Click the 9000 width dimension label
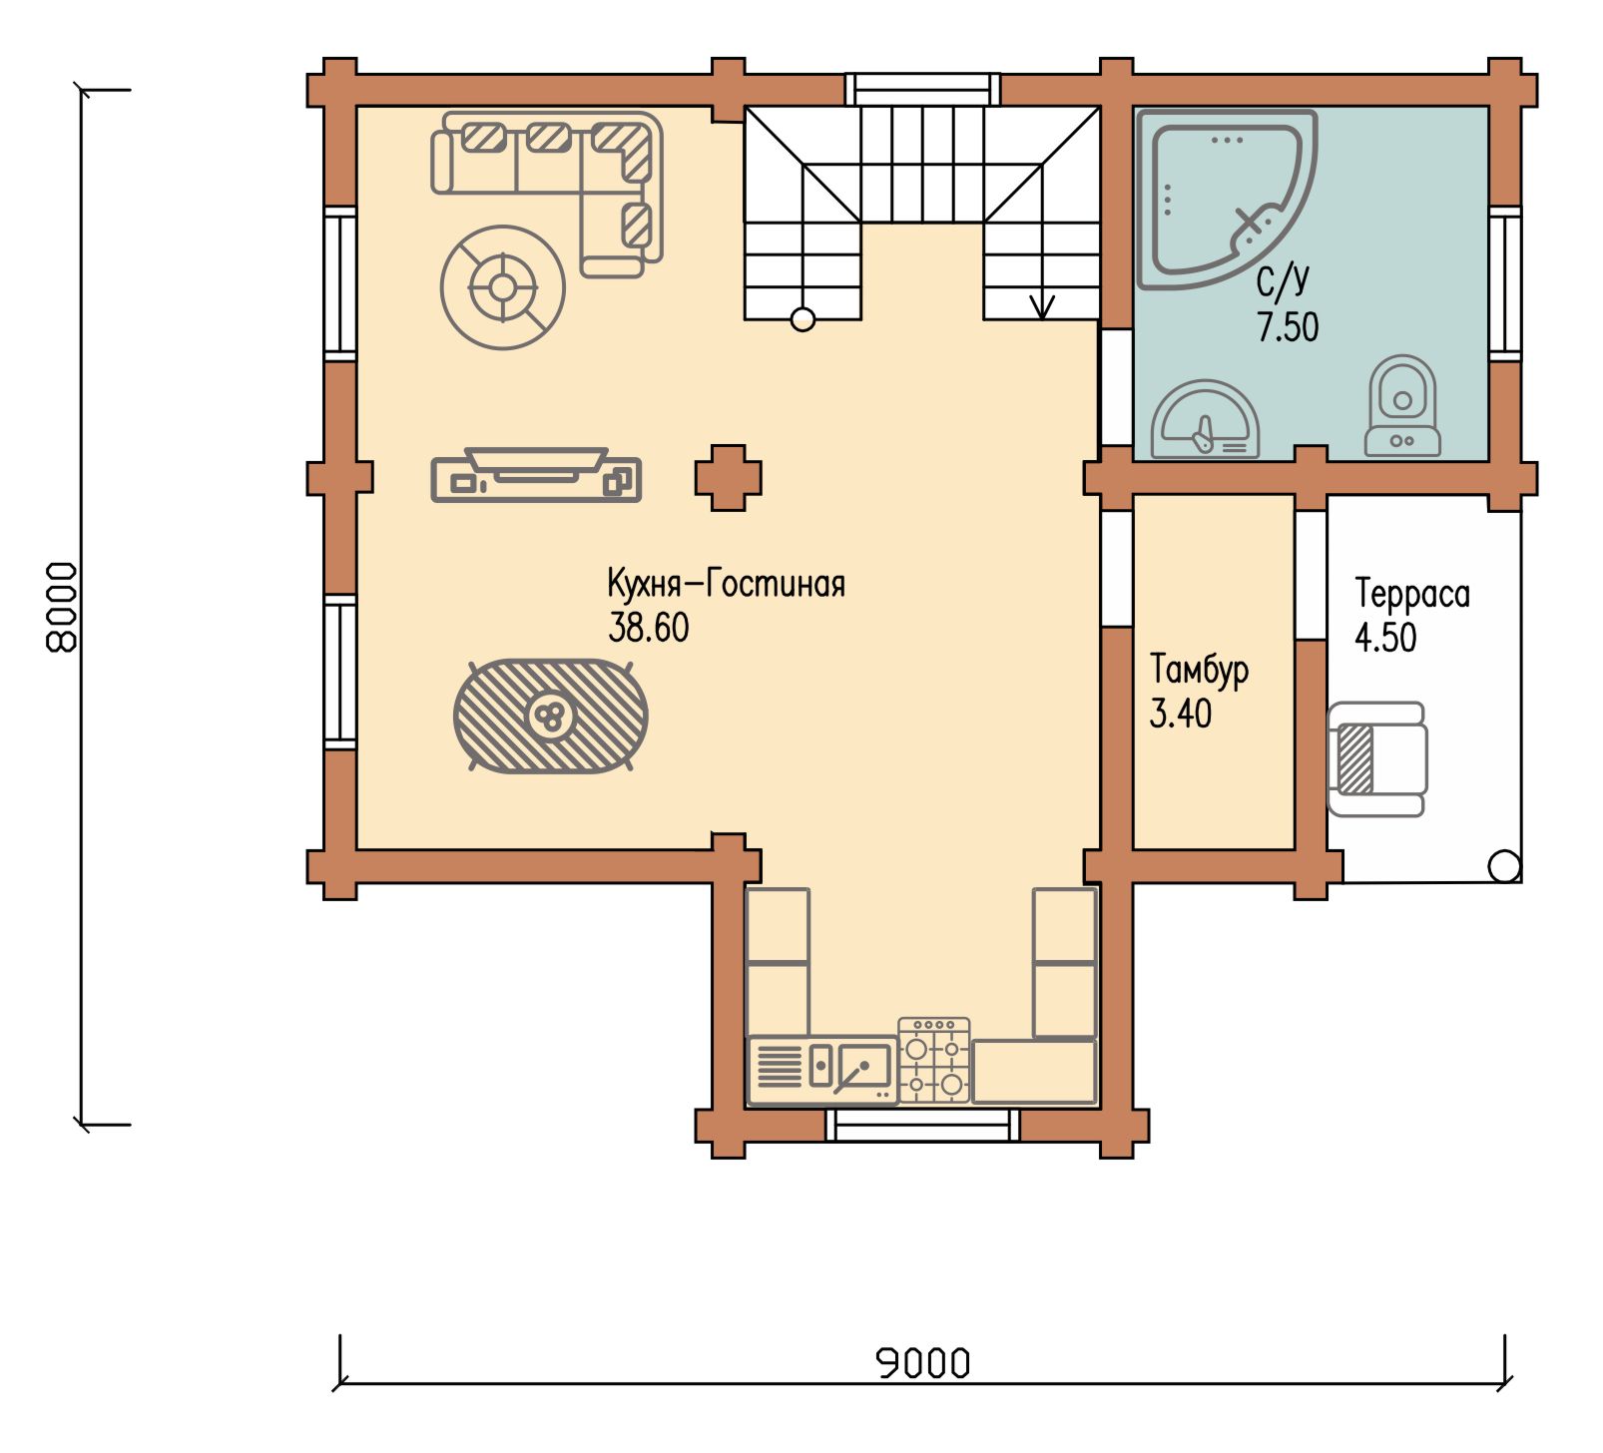923,1363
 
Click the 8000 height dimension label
62,607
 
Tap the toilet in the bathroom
1402,406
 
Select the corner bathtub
1227,199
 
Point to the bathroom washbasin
1205,420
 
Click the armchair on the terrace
1376,759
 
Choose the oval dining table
550,715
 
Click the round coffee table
503,287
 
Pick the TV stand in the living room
536,475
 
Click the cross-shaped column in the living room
729,478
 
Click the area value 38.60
649,628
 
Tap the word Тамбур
1199,670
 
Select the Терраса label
1412,594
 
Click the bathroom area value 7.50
1288,327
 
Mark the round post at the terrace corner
1504,866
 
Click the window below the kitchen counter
923,1125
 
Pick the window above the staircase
923,88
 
